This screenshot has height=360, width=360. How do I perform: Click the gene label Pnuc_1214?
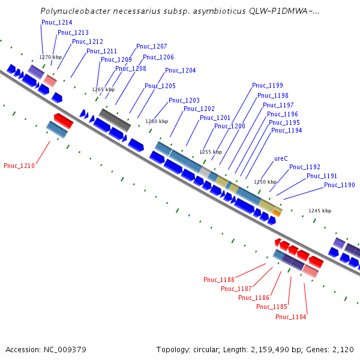pyautogui.click(x=57, y=22)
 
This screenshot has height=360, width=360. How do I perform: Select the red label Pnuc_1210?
pyautogui.click(x=19, y=166)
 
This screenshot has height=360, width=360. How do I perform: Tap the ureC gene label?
pyautogui.click(x=281, y=159)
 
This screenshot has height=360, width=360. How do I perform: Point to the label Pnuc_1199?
pyautogui.click(x=268, y=85)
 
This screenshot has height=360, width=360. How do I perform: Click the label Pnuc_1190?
pyautogui.click(x=340, y=185)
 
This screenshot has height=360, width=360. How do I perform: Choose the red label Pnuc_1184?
pyautogui.click(x=291, y=317)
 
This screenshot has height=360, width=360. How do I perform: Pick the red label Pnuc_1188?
pyautogui.click(x=219, y=280)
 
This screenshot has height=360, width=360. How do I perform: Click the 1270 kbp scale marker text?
pyautogui.click(x=50, y=57)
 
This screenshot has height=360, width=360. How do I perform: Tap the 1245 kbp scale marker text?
pyautogui.click(x=320, y=211)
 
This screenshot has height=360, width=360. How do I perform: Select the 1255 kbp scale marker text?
pyautogui.click(x=211, y=152)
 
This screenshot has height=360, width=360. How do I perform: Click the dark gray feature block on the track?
pyautogui.click(x=115, y=119)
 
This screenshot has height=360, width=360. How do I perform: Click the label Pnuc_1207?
pyautogui.click(x=152, y=46)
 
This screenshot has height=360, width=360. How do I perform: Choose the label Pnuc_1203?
pyautogui.click(x=184, y=100)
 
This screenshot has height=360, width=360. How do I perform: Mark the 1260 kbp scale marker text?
pyautogui.click(x=157, y=121)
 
